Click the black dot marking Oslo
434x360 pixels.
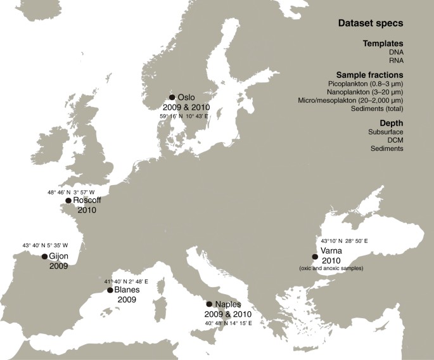[172, 98]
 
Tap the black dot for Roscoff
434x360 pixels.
[68, 200]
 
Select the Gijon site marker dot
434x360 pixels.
[44, 257]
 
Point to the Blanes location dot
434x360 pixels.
[110, 290]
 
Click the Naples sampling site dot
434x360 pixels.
[210, 304]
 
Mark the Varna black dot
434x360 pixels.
[315, 257]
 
